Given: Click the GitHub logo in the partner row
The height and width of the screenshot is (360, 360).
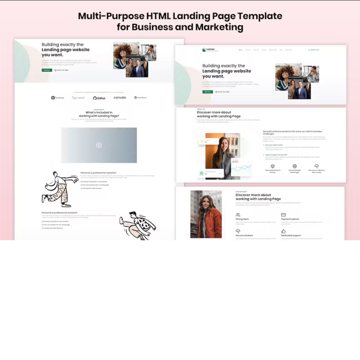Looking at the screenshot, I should tap(99, 98).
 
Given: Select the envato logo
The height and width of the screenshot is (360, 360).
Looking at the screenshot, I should tap(120, 97).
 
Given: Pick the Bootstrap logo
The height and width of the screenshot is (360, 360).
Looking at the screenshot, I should tap(58, 98).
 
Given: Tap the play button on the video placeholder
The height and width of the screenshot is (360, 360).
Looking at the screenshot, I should tap(99, 145).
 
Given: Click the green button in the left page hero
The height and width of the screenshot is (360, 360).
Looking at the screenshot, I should tap(47, 70).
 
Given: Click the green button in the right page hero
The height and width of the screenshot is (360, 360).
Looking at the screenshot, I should tap(207, 92).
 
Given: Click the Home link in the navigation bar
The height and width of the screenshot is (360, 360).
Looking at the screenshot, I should tap(240, 50).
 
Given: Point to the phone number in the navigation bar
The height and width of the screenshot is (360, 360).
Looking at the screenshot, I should tap(314, 50).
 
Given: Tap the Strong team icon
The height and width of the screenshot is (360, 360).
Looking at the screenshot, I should tap(238, 214).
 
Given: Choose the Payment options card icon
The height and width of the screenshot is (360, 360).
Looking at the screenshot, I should tap(283, 214).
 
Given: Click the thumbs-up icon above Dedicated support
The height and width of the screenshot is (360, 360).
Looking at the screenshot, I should tap(283, 231).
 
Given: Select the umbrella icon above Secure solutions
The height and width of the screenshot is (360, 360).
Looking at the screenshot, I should tap(238, 231).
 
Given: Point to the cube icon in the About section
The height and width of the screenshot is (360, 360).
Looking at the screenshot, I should tap(272, 166).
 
